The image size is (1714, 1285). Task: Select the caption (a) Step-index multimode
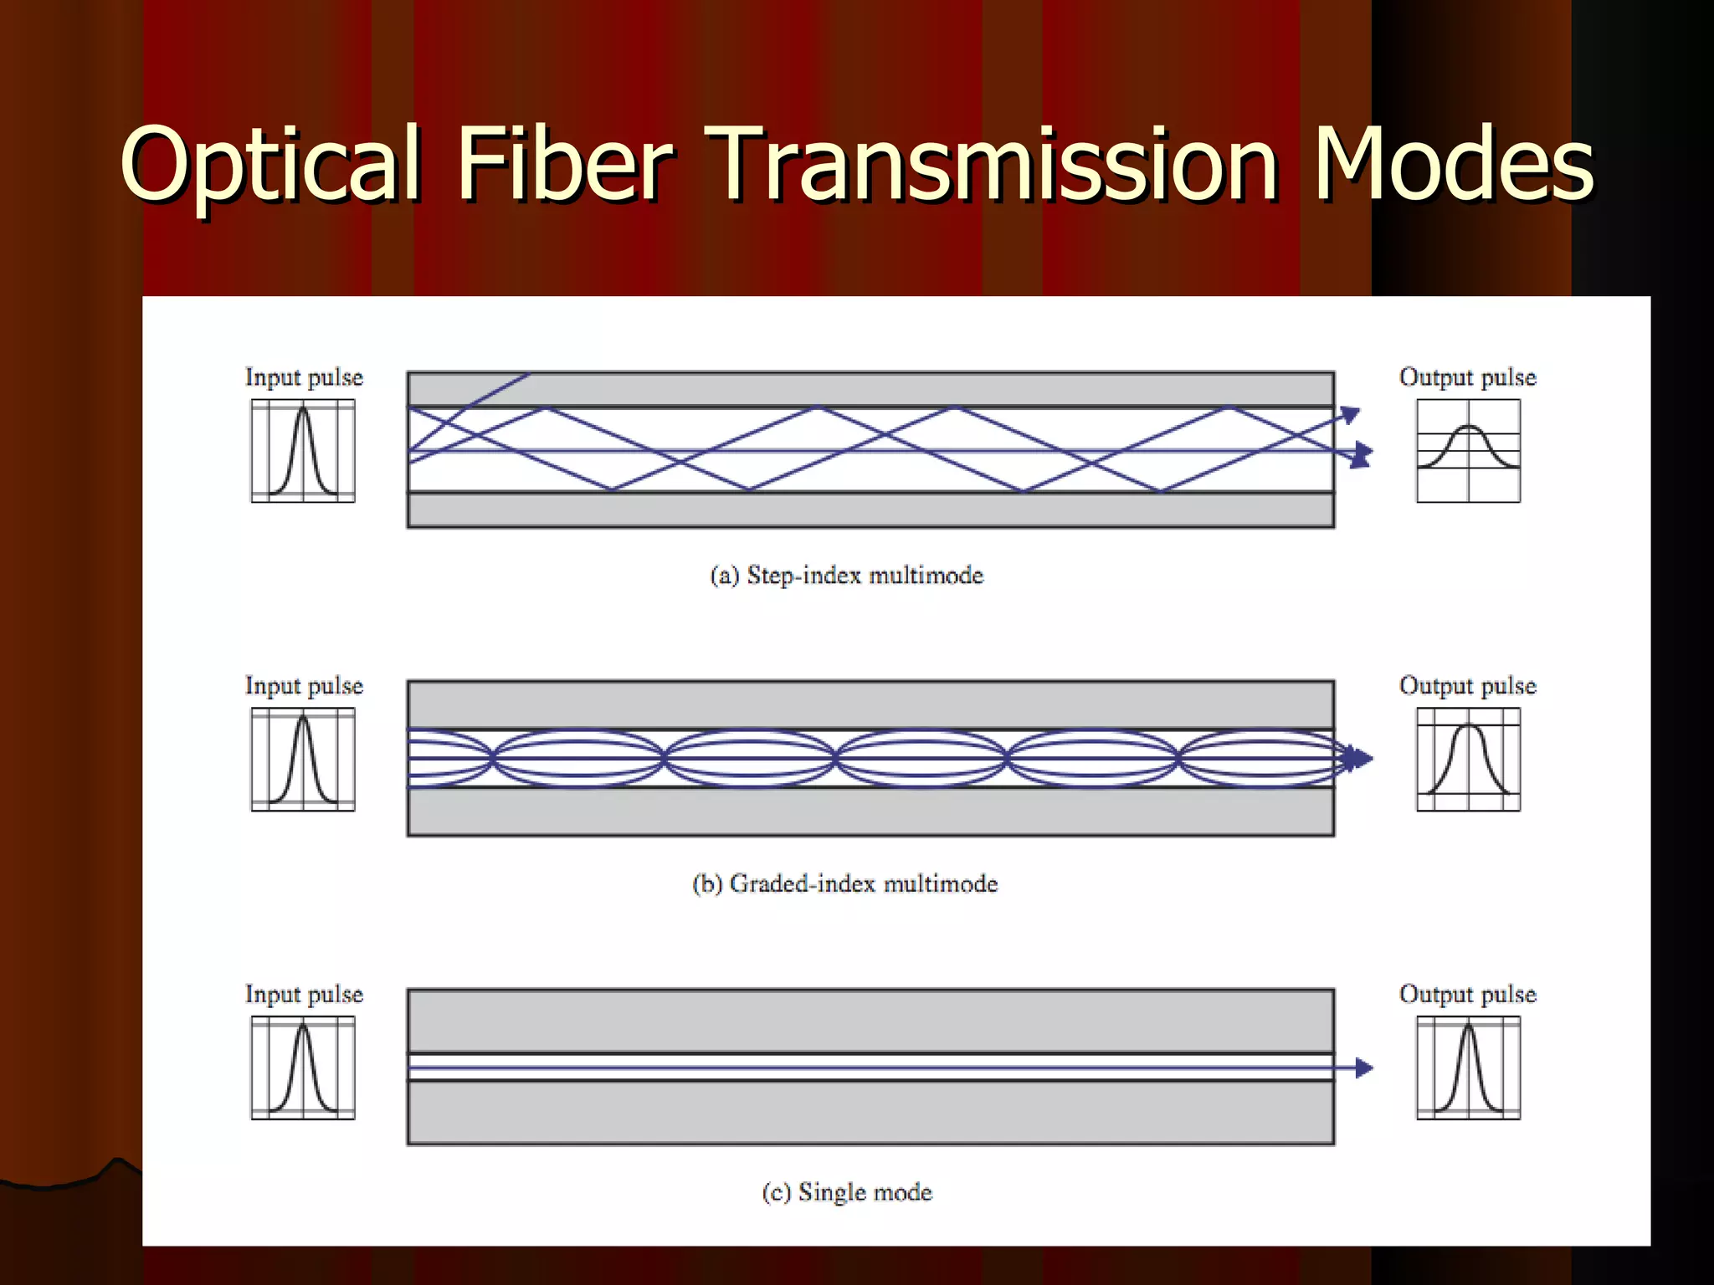click(x=846, y=576)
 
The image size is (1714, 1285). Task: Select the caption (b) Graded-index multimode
click(x=845, y=884)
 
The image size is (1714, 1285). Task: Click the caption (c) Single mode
click(x=847, y=1192)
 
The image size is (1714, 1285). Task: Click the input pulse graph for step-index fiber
click(x=303, y=451)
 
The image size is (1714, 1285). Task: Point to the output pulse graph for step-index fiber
click(x=1468, y=451)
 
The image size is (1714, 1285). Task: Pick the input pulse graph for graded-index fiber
click(x=303, y=760)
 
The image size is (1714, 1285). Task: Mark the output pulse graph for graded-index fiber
click(x=1468, y=760)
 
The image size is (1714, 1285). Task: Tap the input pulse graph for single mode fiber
click(x=303, y=1068)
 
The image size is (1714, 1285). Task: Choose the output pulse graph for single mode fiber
click(x=1468, y=1068)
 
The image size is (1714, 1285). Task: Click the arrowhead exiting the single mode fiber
click(x=1364, y=1067)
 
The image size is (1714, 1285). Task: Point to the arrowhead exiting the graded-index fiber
click(x=1362, y=759)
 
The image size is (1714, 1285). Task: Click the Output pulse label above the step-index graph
click(x=1467, y=377)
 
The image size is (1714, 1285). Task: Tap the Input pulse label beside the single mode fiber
click(x=304, y=995)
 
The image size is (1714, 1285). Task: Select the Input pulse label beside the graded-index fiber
click(x=304, y=686)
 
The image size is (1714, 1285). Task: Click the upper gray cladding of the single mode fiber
click(x=870, y=1021)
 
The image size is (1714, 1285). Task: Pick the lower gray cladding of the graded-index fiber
click(x=870, y=811)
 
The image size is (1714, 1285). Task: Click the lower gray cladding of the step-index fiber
click(x=870, y=509)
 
